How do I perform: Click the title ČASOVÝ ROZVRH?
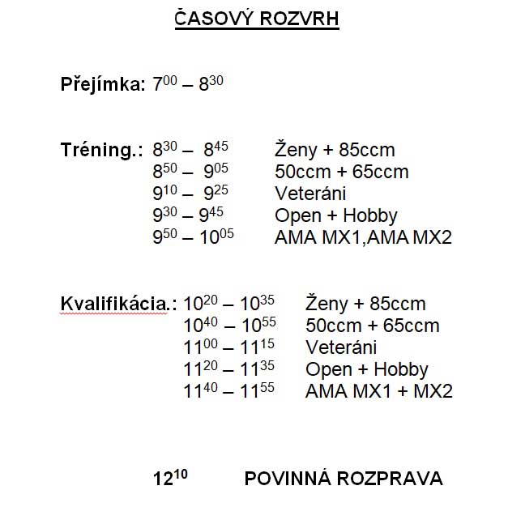257,19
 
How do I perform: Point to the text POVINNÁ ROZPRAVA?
344,479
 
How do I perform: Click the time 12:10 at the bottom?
170,478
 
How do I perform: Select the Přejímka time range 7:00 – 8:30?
188,83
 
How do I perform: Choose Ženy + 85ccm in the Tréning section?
335,151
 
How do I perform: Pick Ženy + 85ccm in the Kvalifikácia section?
365,305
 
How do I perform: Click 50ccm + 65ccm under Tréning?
341,173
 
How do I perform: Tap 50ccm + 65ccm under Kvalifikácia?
372,326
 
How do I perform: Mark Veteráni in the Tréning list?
310,194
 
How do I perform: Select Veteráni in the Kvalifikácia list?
341,348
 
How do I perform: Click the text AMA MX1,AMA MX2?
363,238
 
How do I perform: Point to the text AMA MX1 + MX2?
378,392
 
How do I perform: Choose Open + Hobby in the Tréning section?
336,216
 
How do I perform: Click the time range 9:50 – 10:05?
194,237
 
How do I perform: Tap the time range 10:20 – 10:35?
229,304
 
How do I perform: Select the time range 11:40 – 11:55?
229,391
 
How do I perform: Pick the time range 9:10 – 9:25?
188,194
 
